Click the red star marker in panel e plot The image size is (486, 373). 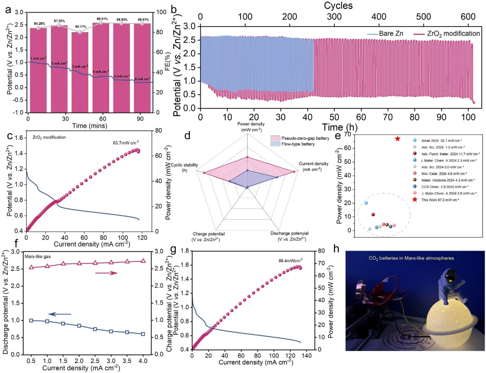point(397,139)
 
